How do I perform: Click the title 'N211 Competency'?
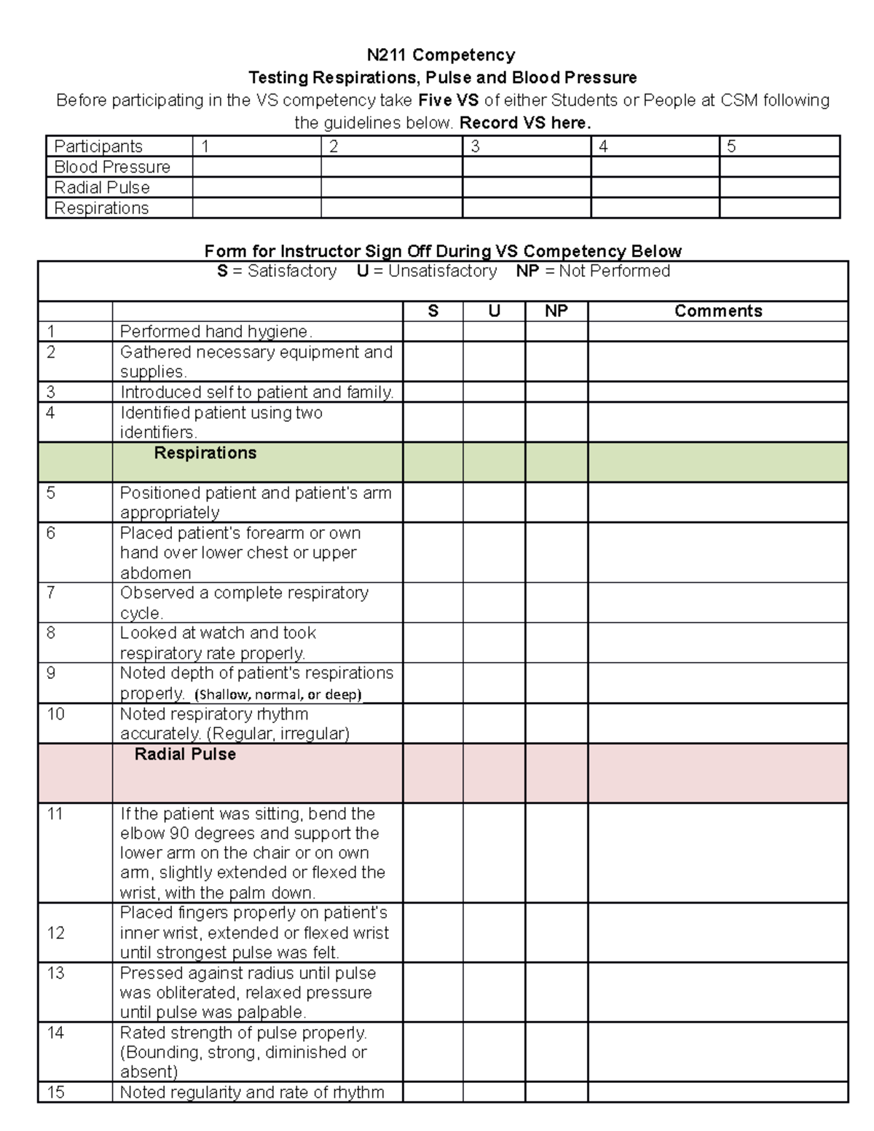441,55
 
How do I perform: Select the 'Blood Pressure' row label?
112,167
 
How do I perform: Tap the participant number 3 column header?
476,146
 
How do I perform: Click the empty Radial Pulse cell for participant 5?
779,187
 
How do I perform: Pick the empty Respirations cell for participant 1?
256,208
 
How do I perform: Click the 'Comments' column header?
717,311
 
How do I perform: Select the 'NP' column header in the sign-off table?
556,311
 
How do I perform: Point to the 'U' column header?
494,311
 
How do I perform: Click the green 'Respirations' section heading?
205,453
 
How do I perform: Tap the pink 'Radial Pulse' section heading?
185,754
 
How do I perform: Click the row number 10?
56,714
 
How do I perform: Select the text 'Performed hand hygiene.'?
216,331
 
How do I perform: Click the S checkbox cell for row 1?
433,331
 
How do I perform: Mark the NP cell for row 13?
556,992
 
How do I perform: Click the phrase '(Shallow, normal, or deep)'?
278,694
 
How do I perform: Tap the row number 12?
56,933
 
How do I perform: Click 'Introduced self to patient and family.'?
256,392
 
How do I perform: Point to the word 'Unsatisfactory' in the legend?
442,271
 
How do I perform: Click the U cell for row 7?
494,602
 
